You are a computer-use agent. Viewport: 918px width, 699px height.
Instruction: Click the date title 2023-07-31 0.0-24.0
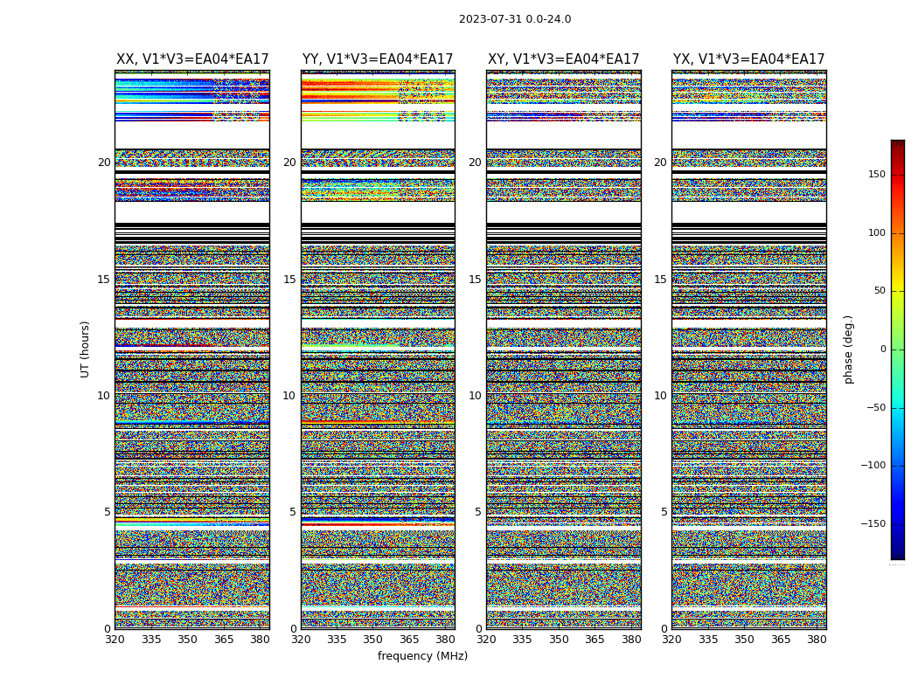[x=515, y=19]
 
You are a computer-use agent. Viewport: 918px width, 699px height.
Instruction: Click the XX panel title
[x=192, y=59]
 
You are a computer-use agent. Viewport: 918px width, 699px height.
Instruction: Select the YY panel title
[x=378, y=59]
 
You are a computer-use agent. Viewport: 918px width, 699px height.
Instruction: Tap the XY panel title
[x=564, y=59]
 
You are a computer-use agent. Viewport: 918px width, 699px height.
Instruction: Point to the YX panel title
[x=749, y=59]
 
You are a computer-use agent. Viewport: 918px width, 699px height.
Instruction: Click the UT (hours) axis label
[x=86, y=349]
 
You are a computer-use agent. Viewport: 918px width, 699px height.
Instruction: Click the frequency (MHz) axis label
[x=422, y=656]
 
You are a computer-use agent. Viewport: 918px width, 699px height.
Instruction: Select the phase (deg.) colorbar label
[x=848, y=349]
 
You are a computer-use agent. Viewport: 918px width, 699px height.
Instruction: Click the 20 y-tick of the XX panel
[x=104, y=163]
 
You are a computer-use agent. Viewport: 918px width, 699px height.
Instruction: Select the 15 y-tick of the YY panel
[x=289, y=280]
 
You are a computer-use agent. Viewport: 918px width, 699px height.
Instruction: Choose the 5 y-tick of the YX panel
[x=664, y=512]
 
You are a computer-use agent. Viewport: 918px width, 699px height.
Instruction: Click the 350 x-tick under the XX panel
[x=187, y=640]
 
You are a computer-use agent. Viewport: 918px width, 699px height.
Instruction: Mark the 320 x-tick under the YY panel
[x=301, y=640]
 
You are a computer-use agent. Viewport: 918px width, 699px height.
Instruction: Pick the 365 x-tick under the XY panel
[x=595, y=640]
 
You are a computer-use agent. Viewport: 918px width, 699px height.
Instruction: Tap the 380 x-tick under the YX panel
[x=817, y=640]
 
